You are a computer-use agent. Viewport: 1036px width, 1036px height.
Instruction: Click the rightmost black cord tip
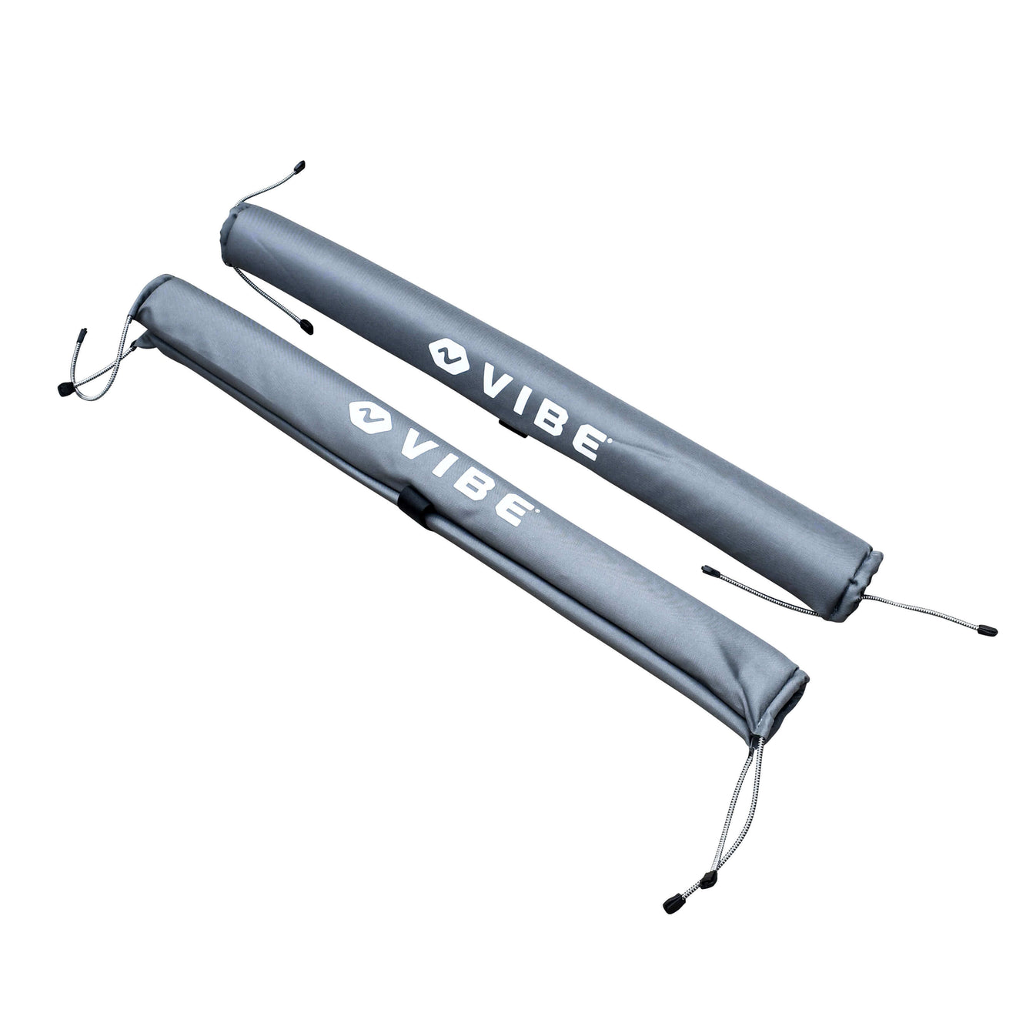(990, 630)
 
